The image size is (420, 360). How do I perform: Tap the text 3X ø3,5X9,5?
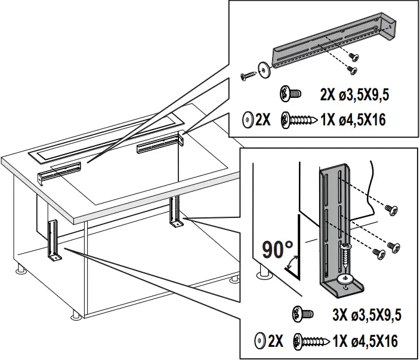pos(360,315)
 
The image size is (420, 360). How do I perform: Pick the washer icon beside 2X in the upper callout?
pos(246,119)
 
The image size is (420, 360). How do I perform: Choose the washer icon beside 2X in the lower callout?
pos(260,341)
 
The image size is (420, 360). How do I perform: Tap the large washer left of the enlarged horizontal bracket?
pos(263,69)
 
